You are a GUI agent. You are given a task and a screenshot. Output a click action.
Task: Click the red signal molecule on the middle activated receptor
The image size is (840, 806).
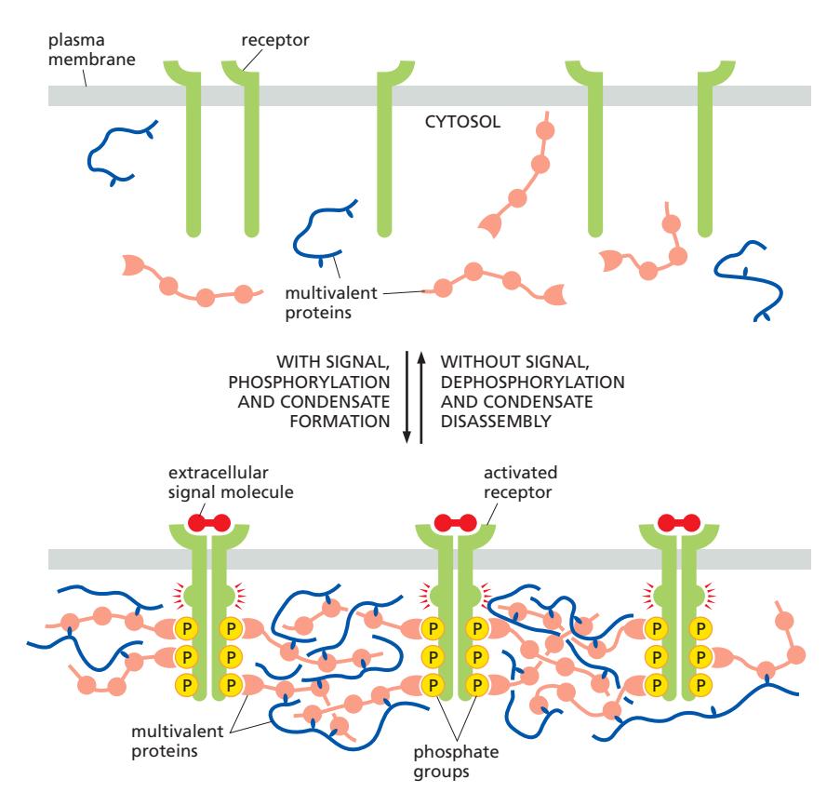pyautogui.click(x=456, y=523)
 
